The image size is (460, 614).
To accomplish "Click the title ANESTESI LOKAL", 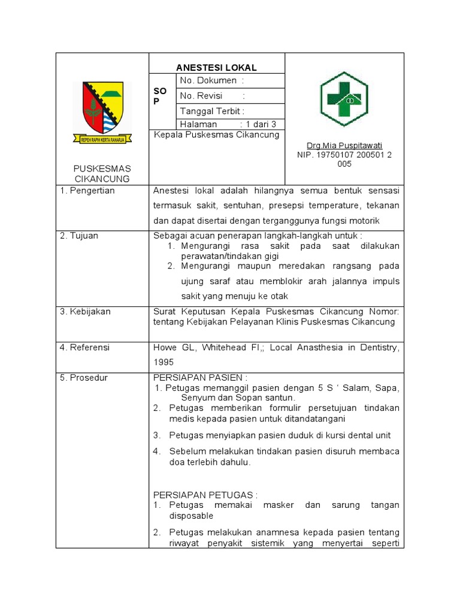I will [x=216, y=68].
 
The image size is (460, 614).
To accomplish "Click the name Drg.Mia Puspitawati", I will [x=344, y=146].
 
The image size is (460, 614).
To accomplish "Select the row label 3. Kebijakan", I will [x=85, y=312].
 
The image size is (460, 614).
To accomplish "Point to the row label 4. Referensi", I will [x=84, y=347].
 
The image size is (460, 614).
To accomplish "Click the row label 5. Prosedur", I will [x=83, y=377].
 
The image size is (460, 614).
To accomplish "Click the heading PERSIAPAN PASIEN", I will [x=200, y=377].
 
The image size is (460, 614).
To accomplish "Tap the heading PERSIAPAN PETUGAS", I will [x=205, y=495].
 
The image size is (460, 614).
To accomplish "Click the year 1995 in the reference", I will [x=164, y=362].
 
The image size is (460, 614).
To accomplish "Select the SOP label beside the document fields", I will [x=160, y=95].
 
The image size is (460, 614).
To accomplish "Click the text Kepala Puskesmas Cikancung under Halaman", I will [x=216, y=135].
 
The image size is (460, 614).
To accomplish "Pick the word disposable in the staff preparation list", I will [x=191, y=516].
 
